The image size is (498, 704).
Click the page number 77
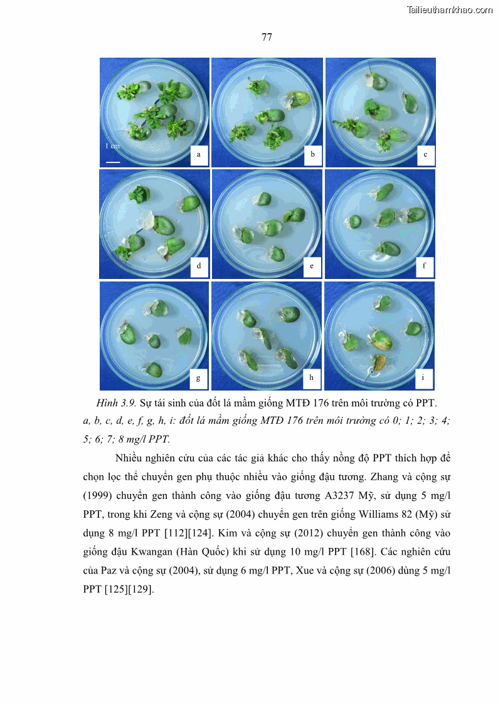point(267,37)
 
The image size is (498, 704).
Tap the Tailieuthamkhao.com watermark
point(450,10)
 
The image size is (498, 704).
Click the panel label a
point(198,154)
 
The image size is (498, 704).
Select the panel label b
point(312,154)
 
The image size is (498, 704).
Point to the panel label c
point(425,154)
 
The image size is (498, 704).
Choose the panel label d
point(198,266)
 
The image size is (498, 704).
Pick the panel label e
point(312,266)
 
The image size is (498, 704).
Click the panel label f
point(424,265)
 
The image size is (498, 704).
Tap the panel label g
point(198,378)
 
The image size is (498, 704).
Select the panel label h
point(311,377)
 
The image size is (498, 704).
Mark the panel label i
point(423,377)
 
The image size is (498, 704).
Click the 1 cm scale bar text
point(112,146)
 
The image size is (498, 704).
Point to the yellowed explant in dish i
point(378,363)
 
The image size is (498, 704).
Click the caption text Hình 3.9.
point(116,402)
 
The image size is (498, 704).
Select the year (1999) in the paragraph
point(97,496)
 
